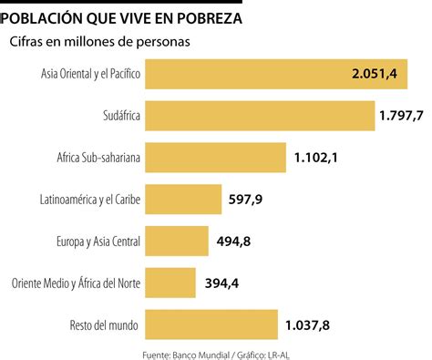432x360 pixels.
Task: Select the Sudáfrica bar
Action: [260, 115]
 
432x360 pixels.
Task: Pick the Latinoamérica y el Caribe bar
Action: [183, 198]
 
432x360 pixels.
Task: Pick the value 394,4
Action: [221, 282]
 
